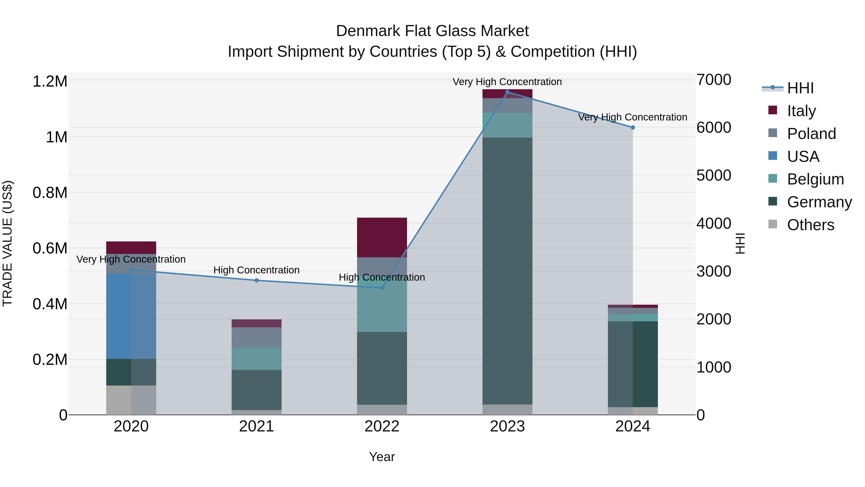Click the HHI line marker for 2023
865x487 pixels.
click(x=507, y=92)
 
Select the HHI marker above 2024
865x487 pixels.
click(x=633, y=127)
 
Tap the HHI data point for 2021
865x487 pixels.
click(x=257, y=280)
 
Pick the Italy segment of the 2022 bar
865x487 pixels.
click(x=382, y=237)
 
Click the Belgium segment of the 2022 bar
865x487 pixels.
click(x=382, y=309)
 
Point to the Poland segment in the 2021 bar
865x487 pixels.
click(x=257, y=337)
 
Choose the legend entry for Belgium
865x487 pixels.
click(x=815, y=179)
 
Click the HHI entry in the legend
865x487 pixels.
click(x=800, y=88)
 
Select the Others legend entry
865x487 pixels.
click(x=810, y=225)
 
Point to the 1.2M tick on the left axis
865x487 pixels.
click(x=50, y=82)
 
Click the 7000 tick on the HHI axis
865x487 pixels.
click(x=714, y=80)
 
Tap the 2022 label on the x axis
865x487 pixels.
click(x=382, y=426)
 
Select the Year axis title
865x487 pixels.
click(x=382, y=457)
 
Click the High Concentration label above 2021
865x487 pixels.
click(x=257, y=270)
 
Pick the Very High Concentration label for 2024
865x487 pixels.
click(x=633, y=117)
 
